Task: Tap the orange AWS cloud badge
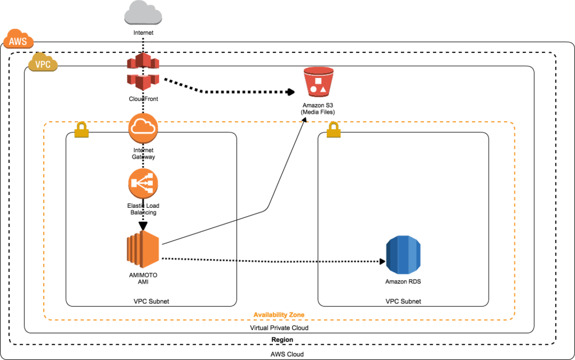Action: click(x=19, y=39)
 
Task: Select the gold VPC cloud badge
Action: click(x=43, y=62)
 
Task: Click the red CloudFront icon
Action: click(x=143, y=72)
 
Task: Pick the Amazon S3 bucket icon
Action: click(x=318, y=82)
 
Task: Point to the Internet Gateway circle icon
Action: click(x=143, y=128)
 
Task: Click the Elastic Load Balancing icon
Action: click(x=143, y=183)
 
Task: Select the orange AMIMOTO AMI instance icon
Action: click(x=143, y=249)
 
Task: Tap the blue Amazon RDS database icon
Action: click(x=403, y=255)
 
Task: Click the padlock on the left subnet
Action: click(x=81, y=130)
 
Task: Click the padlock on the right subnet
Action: click(x=334, y=130)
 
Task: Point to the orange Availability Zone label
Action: click(x=279, y=315)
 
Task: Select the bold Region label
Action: click(x=282, y=339)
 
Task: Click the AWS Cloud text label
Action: click(x=287, y=354)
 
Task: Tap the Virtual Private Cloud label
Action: click(x=279, y=328)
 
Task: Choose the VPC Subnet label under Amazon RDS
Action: click(x=403, y=302)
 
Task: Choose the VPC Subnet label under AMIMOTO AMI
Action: click(x=151, y=302)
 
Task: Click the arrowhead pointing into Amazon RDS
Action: click(x=382, y=261)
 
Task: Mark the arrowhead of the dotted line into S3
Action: click(x=291, y=92)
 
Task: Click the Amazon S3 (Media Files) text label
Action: click(x=318, y=108)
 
